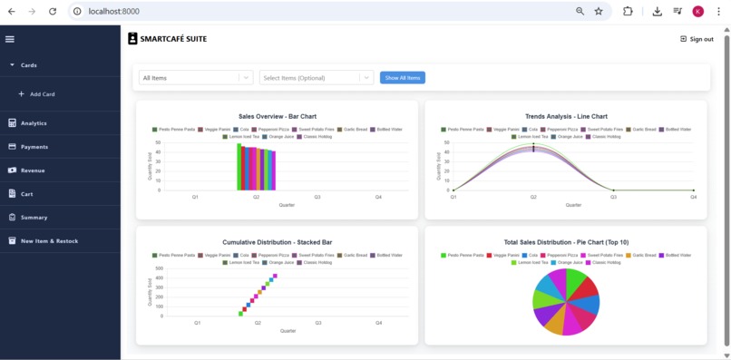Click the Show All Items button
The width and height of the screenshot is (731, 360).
point(402,78)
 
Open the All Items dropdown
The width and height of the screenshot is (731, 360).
point(195,78)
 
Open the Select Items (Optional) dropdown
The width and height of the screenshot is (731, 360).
point(316,78)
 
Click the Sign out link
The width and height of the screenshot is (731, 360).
point(697,39)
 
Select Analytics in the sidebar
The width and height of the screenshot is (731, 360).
point(34,123)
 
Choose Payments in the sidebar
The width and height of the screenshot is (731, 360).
point(34,147)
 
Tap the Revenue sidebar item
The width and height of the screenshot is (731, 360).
point(33,170)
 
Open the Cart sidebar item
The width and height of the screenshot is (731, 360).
point(27,194)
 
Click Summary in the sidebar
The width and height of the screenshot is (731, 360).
point(34,218)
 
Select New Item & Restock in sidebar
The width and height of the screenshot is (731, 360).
point(49,241)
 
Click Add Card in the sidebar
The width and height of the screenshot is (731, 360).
point(42,94)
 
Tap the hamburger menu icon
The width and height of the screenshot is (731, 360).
point(10,39)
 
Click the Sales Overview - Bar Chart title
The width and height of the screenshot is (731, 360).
point(277,116)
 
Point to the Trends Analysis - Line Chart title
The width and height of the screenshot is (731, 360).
point(566,116)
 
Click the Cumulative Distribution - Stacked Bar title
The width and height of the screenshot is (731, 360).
point(277,242)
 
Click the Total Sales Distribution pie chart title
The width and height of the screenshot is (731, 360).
point(566,242)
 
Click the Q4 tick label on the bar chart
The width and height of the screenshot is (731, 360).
point(378,197)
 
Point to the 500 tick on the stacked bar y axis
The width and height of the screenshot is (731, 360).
point(159,268)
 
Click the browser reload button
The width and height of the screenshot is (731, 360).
point(53,11)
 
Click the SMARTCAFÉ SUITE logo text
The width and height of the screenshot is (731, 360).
point(172,39)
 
